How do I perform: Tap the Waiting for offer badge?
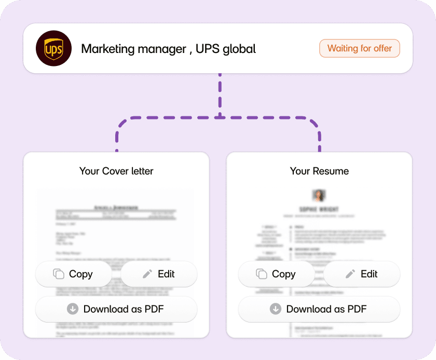pos(359,48)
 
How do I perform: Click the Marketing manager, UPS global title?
pos(168,49)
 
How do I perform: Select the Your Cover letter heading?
pos(116,171)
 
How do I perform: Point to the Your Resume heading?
pos(319,171)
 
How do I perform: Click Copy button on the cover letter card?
pos(73,274)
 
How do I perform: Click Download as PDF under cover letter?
pos(116,309)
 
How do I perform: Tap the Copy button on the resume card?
pos(276,274)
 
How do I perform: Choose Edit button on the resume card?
pos(362,274)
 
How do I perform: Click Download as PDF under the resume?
pos(319,309)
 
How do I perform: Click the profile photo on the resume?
pos(319,195)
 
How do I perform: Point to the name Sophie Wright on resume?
pos(319,209)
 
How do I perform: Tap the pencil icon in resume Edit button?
pos(350,274)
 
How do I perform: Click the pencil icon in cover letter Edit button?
pos(147,274)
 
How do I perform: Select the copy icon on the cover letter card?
pos(59,274)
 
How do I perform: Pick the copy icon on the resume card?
pos(262,274)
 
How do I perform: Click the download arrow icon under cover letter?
pos(73,309)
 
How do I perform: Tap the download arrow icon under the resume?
pos(276,309)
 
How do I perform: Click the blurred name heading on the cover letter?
pos(116,207)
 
